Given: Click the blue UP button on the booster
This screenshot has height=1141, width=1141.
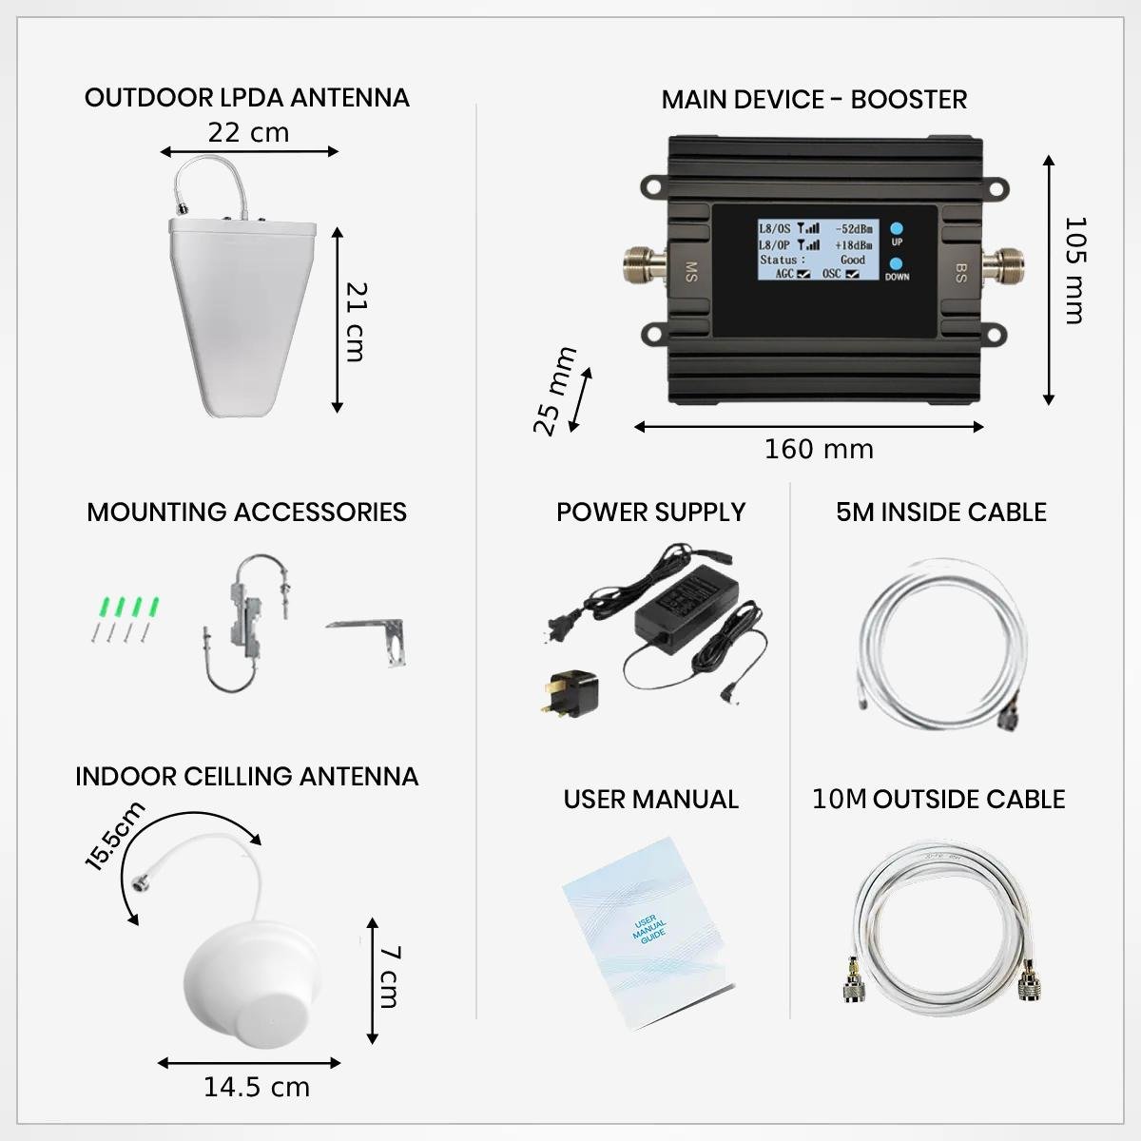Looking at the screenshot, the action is point(897,228).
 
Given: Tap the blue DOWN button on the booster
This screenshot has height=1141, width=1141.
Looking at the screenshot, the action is point(897,263).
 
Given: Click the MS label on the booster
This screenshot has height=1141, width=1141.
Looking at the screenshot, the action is point(691,271).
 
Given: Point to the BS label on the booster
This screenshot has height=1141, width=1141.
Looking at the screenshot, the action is point(960,273).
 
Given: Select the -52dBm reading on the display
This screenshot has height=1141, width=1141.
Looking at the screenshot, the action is point(853,229).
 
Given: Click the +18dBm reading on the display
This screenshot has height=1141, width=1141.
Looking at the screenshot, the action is point(853,244).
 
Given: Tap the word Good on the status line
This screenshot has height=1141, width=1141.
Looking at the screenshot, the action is point(853,260).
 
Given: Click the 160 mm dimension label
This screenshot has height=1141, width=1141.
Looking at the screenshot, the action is point(819,450).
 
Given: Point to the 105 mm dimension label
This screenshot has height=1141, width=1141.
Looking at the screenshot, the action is point(1075,271).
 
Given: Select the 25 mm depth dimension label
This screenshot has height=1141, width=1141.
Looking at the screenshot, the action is point(554,392).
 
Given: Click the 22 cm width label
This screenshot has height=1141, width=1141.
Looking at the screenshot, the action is point(248,133).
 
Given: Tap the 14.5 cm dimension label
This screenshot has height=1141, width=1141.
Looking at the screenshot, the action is point(257,1087).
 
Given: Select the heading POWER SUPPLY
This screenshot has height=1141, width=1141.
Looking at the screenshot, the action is point(650,512).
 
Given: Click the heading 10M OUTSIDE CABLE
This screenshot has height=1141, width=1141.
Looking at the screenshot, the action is point(938,800).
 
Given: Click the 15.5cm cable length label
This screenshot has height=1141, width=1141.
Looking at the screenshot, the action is point(114,836).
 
